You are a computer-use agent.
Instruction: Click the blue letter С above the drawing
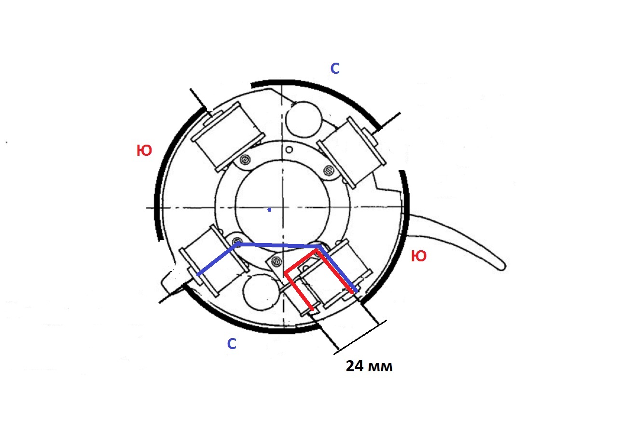point(335,68)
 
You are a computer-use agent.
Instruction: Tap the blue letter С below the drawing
point(232,344)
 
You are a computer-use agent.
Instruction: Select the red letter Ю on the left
point(144,150)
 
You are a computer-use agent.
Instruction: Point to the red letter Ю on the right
point(418,256)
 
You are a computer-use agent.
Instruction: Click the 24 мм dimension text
point(369,366)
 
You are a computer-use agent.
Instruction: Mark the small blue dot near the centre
point(269,210)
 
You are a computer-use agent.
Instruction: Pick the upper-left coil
point(227,137)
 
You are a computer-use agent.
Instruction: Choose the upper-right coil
point(351,152)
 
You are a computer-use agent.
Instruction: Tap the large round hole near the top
point(304,120)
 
